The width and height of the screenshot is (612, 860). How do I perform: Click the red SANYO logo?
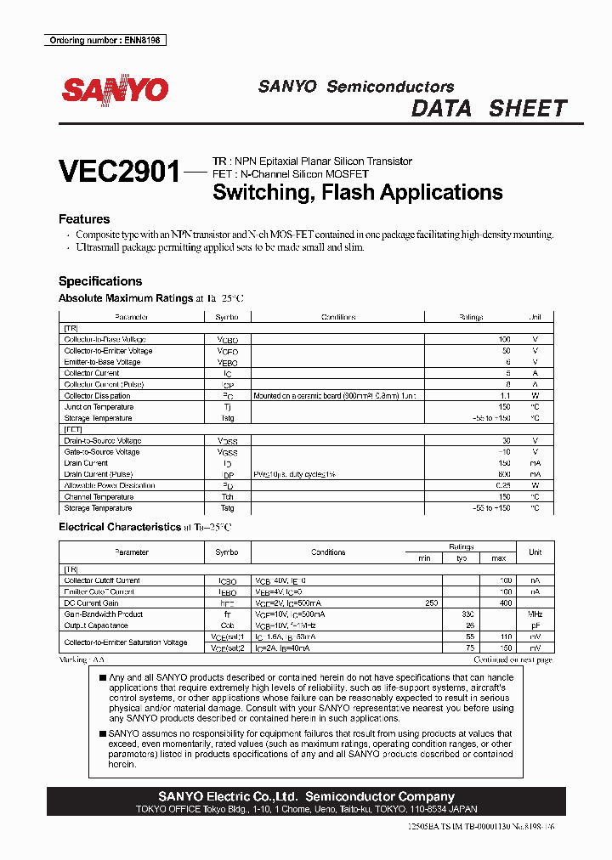(114, 90)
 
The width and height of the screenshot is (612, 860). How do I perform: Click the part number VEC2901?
(120, 173)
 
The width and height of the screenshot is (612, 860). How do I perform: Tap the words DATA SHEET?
(489, 109)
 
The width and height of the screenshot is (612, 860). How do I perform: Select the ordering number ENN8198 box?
(105, 41)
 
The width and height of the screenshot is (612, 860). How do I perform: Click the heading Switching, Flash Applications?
(357, 192)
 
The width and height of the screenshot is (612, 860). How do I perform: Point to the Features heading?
(84, 219)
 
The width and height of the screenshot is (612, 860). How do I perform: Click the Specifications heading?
(100, 281)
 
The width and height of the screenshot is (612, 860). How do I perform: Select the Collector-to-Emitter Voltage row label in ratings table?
(108, 351)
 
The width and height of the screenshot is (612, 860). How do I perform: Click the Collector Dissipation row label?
(97, 396)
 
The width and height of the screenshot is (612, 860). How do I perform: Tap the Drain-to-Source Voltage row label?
(103, 441)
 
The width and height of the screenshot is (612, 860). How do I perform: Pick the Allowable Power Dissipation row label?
(110, 486)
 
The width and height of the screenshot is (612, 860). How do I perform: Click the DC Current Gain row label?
(93, 603)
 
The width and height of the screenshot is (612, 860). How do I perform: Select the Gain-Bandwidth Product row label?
(104, 614)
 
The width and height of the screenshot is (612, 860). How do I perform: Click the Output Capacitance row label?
(98, 625)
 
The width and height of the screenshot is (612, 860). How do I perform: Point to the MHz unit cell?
(535, 614)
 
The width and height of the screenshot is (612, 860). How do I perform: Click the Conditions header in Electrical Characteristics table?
(327, 552)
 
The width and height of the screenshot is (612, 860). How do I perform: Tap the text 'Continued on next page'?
(513, 659)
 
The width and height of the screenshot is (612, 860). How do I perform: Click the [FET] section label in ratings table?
(73, 430)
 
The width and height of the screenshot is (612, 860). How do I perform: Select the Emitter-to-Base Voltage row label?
(102, 362)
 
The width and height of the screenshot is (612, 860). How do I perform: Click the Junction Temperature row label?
(98, 407)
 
